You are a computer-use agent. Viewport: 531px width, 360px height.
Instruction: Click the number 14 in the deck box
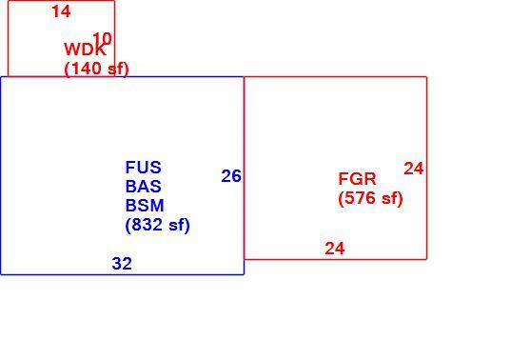coord(61,11)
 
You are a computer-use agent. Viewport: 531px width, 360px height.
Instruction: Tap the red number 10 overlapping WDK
coord(102,39)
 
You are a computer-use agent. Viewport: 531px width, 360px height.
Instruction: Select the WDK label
coord(85,50)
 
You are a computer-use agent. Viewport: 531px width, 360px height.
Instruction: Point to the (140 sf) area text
coord(96,69)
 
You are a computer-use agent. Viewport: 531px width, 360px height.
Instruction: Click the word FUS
coord(144,167)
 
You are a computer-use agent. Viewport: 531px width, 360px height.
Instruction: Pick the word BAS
coord(144,186)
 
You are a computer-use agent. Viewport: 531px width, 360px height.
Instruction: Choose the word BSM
coord(145,205)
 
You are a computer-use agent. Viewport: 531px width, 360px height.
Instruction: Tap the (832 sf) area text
coord(157,225)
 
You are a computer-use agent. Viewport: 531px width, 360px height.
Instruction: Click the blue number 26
coord(231,176)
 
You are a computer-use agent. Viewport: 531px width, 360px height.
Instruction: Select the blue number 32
coord(122,264)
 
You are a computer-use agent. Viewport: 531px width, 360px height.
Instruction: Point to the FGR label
coord(357,179)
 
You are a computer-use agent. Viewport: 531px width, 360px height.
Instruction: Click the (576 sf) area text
coord(370,198)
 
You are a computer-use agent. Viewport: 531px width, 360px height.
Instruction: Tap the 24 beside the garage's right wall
coord(414,169)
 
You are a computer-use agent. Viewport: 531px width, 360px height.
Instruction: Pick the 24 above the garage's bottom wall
coord(335,249)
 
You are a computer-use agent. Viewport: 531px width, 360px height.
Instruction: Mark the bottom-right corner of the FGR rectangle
coord(426,259)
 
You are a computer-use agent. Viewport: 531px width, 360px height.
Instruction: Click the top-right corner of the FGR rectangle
coord(426,77)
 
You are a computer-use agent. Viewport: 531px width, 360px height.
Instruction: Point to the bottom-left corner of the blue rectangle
coord(1,274)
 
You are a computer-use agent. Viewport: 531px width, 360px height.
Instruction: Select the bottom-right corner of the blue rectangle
coord(244,274)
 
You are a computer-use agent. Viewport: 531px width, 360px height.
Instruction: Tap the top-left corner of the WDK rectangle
coord(9,1)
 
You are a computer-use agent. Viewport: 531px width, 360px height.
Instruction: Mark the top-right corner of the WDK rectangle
coord(115,1)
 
